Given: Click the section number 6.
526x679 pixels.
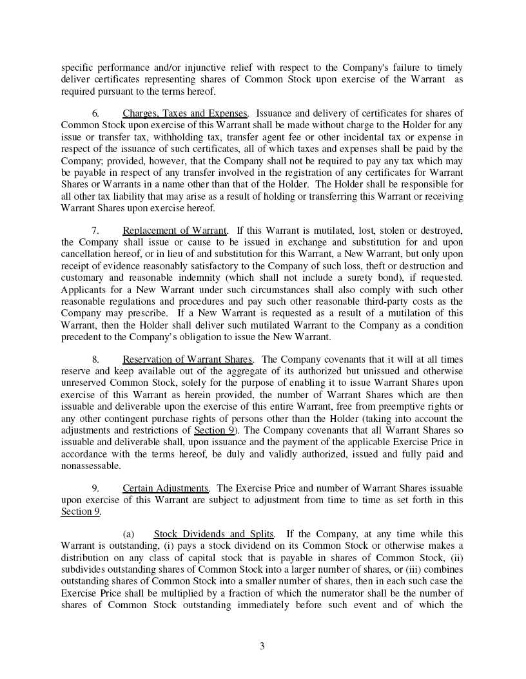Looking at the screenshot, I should pos(95,114).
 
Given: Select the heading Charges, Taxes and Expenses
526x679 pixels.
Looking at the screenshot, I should pos(185,114).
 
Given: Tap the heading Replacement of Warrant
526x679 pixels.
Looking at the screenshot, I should pos(175,231).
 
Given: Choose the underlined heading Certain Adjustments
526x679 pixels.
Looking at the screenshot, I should pos(166,488).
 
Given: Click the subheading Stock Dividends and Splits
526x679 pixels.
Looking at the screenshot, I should pos(214,534).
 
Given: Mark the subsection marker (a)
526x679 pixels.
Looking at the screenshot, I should pos(128,534).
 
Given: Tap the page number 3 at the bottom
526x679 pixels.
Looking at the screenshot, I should pos(262,646).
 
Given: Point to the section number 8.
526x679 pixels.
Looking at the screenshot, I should pos(95,359).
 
